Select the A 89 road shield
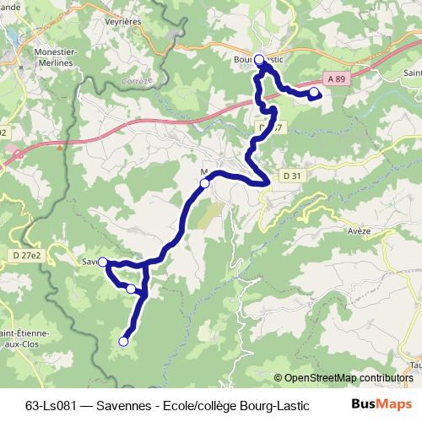tap(338, 78)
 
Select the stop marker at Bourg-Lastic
tap(259, 59)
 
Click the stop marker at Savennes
tap(102, 262)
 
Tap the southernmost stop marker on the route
tap(123, 342)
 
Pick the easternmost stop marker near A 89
tap(314, 91)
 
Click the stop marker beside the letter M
tap(204, 181)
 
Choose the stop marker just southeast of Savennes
tap(131, 289)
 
